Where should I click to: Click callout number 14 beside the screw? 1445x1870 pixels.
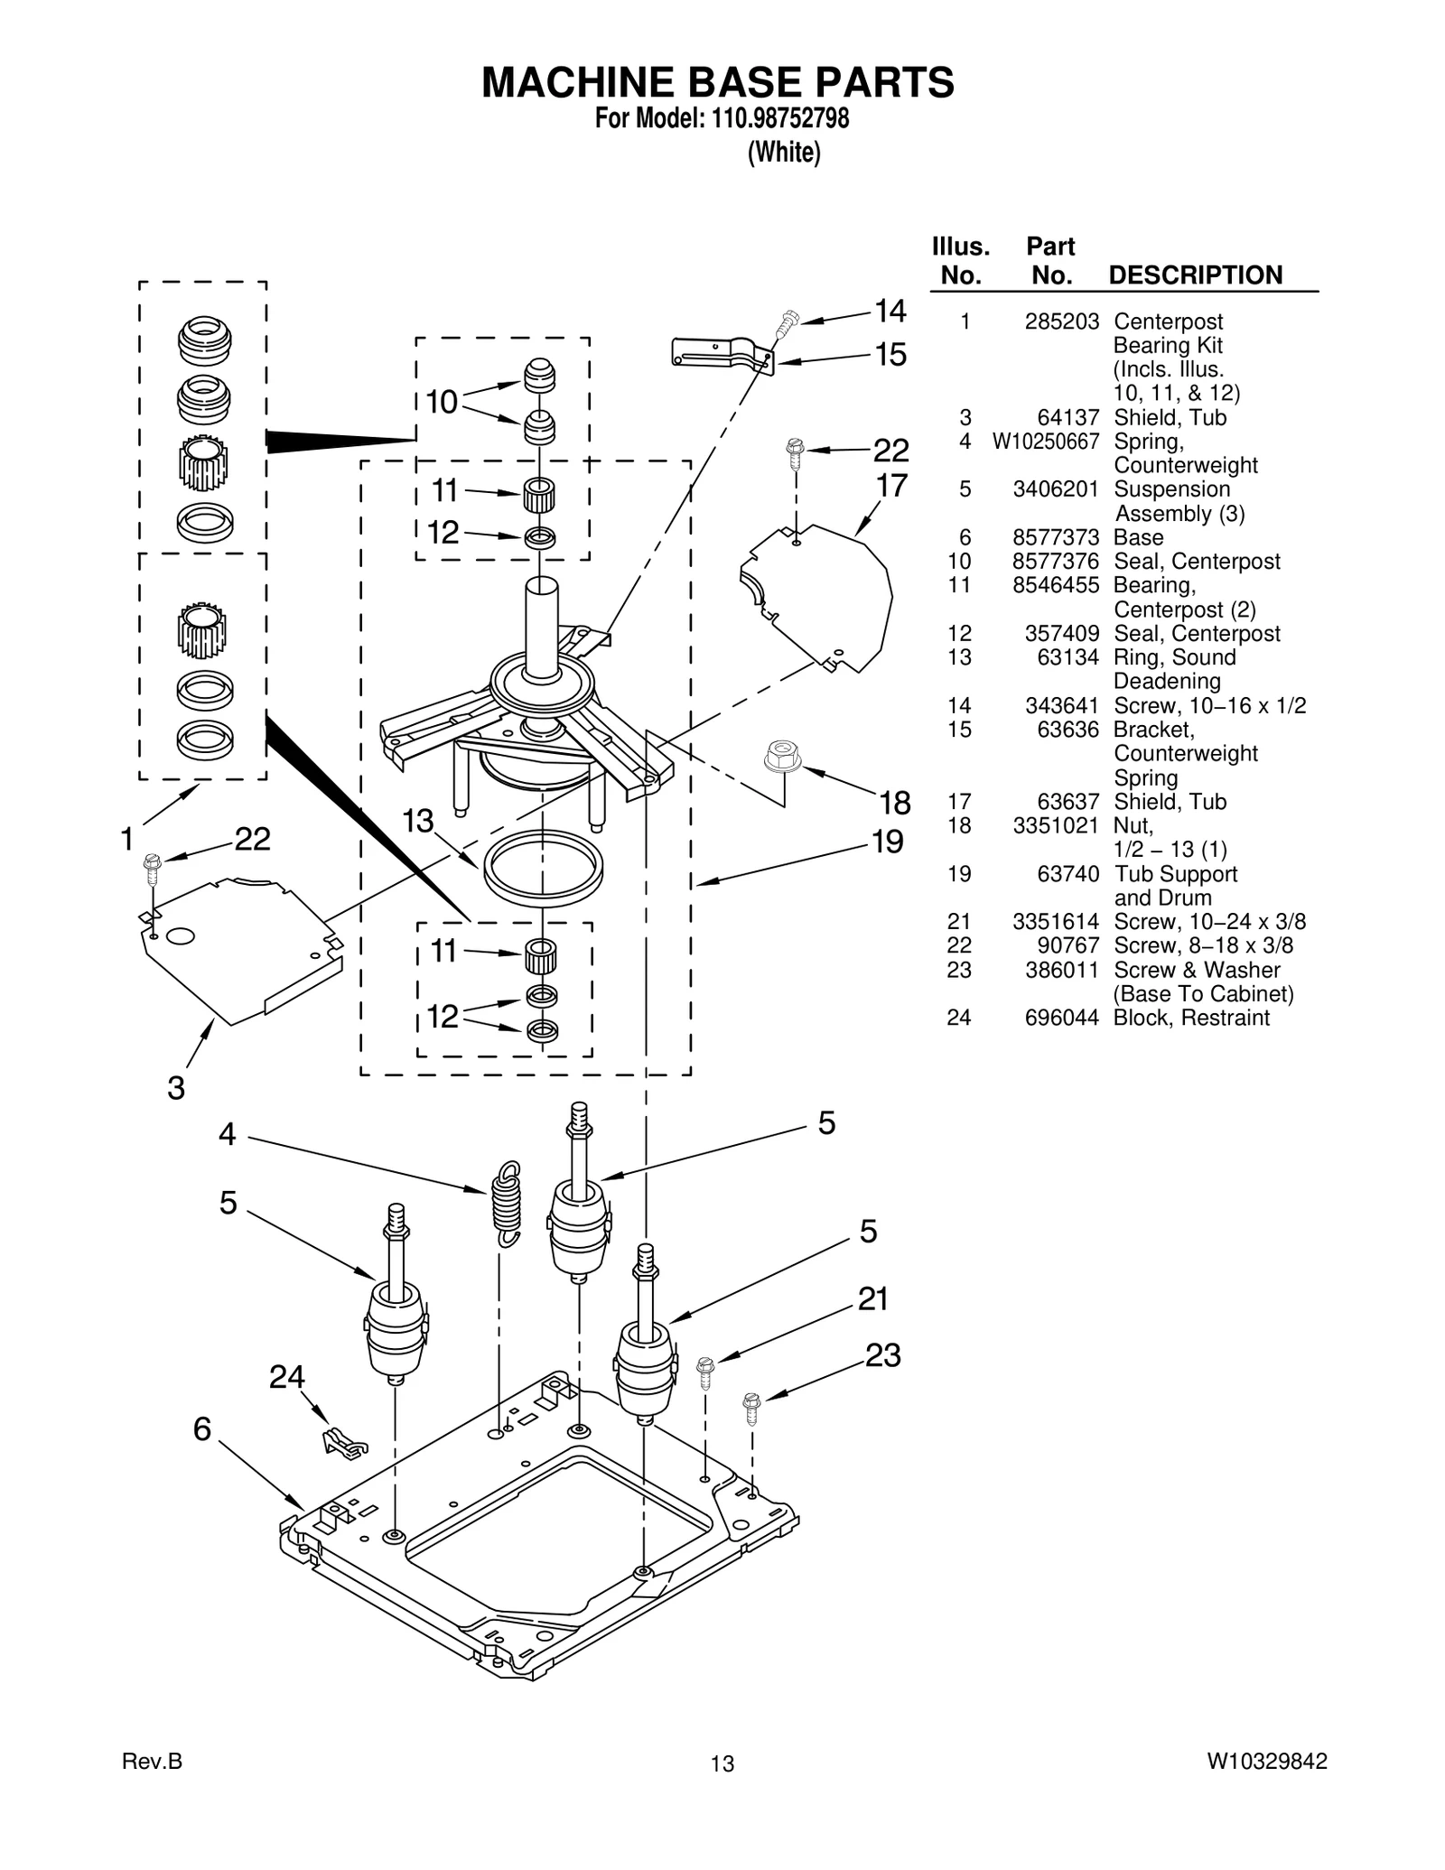tap(890, 312)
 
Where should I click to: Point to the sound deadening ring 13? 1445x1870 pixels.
tap(543, 868)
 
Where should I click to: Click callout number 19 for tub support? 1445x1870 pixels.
tap(888, 842)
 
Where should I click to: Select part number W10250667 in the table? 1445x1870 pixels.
tap(1046, 442)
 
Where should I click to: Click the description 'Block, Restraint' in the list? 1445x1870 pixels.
tap(1190, 1018)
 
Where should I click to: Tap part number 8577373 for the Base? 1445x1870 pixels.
tap(1055, 537)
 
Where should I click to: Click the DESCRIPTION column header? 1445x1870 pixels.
tap(1195, 275)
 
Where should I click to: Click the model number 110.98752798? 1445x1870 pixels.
tap(773, 119)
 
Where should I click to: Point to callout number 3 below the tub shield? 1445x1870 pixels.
tap(176, 1088)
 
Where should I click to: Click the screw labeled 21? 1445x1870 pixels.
tap(705, 1372)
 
